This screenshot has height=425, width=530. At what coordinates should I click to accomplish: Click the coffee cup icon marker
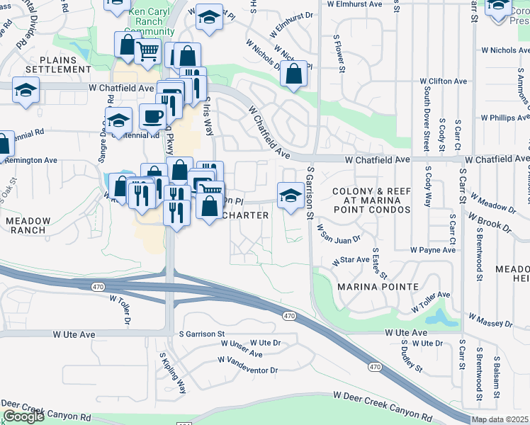click(x=152, y=116)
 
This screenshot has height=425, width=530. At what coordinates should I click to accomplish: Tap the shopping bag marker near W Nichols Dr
click(x=293, y=73)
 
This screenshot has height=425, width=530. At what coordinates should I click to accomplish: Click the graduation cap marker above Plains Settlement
click(x=26, y=91)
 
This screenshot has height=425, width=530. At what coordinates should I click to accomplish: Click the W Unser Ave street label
click(x=241, y=353)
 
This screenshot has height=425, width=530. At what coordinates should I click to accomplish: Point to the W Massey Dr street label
click(x=488, y=319)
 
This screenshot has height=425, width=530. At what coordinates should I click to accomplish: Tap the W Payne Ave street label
click(x=433, y=250)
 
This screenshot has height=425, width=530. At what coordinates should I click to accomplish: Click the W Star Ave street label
click(x=351, y=261)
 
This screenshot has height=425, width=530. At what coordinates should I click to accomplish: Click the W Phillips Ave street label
click(x=505, y=118)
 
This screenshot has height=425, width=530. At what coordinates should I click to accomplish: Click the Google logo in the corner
click(x=23, y=416)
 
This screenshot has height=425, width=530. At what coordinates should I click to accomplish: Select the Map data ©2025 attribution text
click(x=500, y=419)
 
